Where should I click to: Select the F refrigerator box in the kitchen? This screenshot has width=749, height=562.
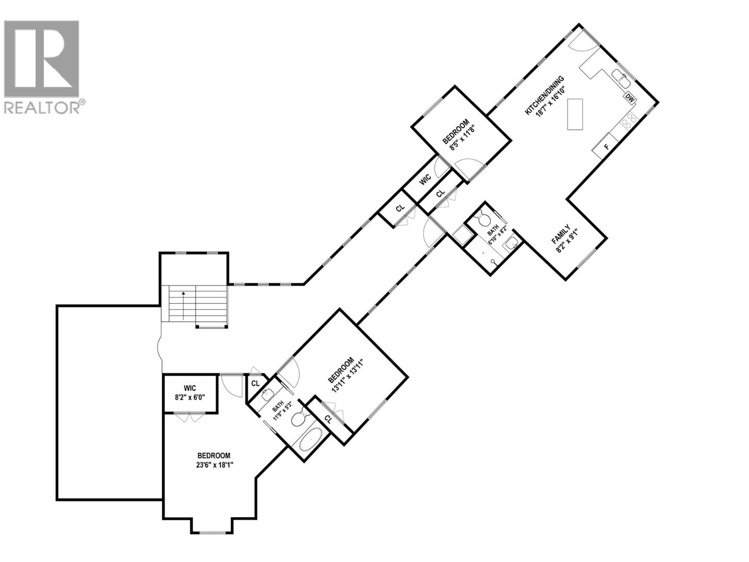607,147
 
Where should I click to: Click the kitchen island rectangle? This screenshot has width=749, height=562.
576,114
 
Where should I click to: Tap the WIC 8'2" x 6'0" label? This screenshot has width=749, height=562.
190,392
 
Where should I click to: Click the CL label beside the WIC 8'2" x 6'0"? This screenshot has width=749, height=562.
255,383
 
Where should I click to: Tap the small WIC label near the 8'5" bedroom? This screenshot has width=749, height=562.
425,180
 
